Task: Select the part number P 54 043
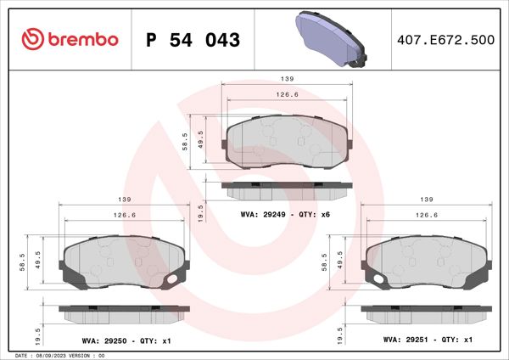pos(193,40)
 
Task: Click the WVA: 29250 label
pos(103,340)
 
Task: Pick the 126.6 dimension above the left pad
pos(125,216)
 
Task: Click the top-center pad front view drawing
pos(288,140)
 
